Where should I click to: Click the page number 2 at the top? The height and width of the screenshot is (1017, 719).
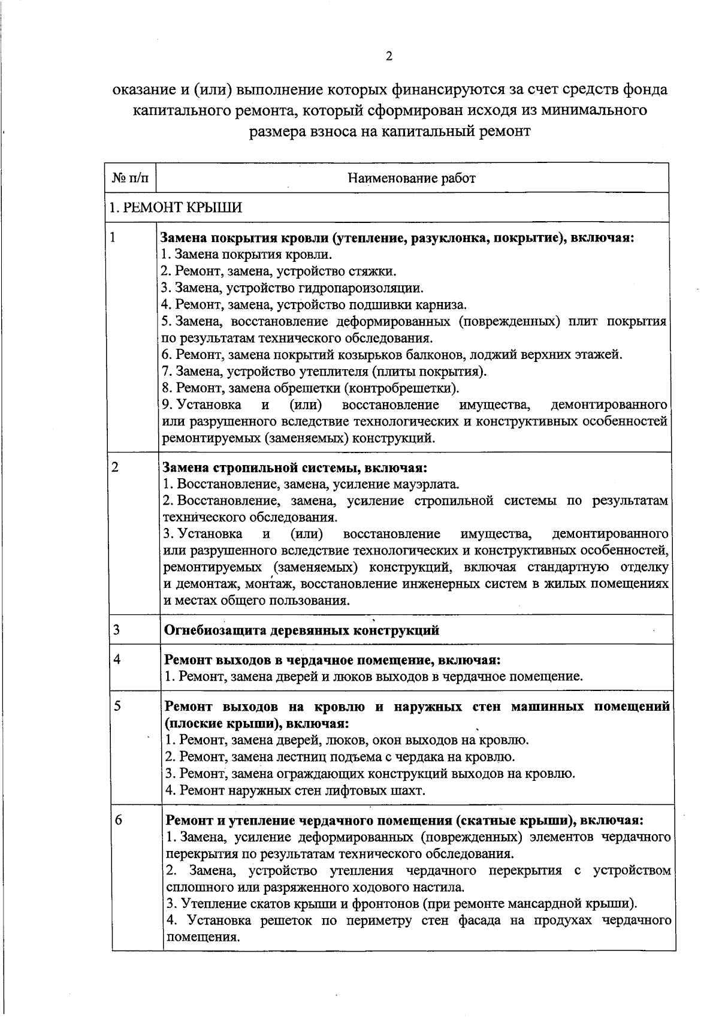point(389,57)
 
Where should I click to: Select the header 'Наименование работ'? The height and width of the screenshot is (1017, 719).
point(412,178)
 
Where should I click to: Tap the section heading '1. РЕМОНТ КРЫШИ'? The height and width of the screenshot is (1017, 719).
point(175,208)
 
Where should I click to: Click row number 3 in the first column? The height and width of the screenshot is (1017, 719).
point(116,629)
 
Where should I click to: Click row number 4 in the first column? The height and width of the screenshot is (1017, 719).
point(117,659)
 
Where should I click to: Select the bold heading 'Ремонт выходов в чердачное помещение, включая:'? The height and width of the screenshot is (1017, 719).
point(333,660)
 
